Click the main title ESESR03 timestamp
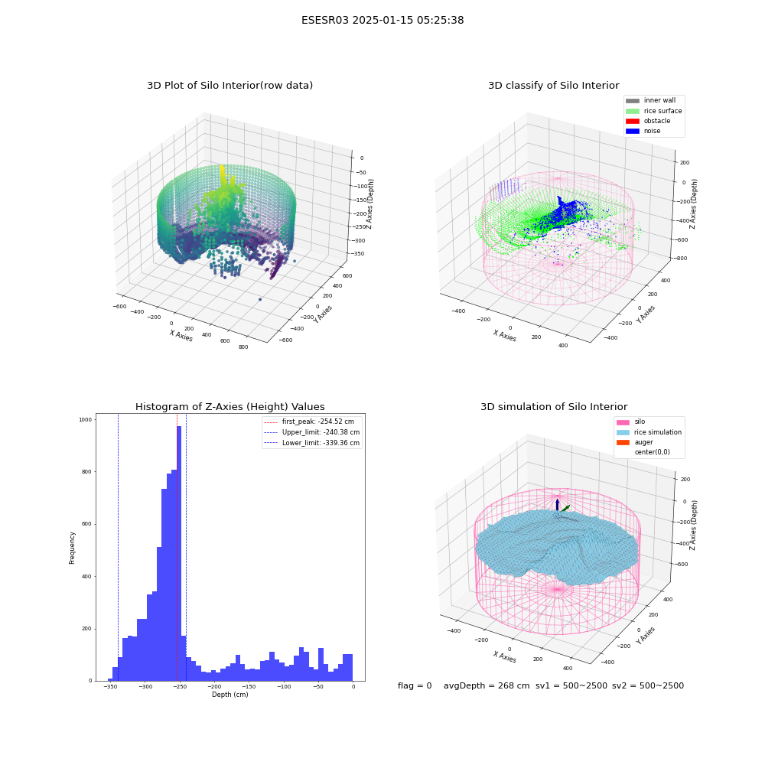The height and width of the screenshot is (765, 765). [x=382, y=21]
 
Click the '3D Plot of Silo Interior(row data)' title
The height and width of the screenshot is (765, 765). [x=229, y=86]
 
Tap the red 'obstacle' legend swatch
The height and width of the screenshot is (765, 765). [x=633, y=121]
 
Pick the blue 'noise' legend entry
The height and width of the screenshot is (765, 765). [x=643, y=132]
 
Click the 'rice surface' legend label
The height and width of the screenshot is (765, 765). [x=662, y=111]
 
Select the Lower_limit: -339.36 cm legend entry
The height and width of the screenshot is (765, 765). [x=312, y=443]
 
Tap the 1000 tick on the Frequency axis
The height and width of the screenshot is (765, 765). [x=86, y=419]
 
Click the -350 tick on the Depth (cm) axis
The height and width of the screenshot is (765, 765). [x=111, y=687]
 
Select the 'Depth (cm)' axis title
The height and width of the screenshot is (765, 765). [x=229, y=695]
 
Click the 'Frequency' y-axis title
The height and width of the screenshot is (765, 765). [x=72, y=548]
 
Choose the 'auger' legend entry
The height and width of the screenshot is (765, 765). [x=635, y=442]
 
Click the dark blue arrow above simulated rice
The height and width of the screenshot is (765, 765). [x=557, y=505]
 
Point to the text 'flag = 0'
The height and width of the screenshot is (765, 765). [x=415, y=686]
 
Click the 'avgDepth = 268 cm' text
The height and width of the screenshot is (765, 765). [x=487, y=686]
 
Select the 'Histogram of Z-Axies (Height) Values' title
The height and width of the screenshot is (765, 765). [x=229, y=407]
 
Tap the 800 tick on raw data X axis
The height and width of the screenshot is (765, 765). [x=243, y=347]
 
